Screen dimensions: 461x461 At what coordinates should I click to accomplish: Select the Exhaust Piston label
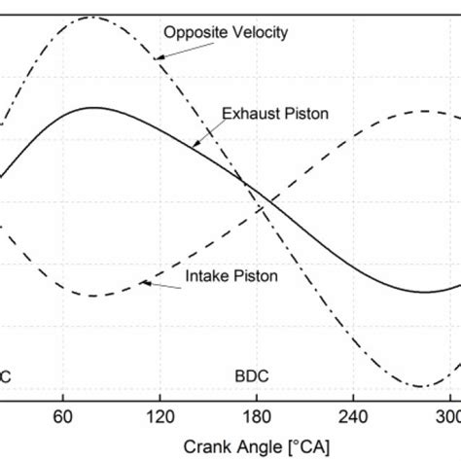coord(275,114)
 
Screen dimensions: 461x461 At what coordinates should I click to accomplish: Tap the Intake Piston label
coord(231,276)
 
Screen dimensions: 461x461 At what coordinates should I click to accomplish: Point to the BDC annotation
coord(252,373)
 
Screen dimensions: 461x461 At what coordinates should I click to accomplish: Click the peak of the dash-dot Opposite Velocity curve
coord(76,18)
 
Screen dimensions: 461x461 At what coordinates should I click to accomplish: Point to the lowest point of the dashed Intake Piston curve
coord(89,296)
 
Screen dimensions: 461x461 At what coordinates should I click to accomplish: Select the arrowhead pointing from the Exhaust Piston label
coord(195,144)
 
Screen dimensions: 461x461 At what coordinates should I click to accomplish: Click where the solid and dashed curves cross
coord(245,183)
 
